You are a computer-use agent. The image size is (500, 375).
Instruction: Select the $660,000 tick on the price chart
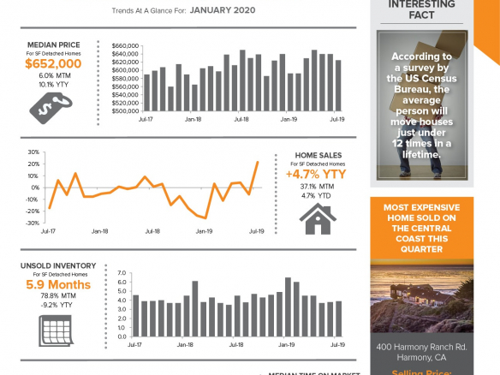125,45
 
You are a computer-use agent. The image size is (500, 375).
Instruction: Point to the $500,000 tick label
125,110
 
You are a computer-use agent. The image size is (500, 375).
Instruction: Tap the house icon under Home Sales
316,217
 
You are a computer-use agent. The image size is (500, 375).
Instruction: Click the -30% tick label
33,222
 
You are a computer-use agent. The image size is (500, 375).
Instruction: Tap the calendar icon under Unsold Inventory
53,330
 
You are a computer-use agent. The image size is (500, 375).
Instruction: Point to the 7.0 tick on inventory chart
121,272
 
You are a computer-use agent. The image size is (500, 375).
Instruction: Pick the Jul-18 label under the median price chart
241,121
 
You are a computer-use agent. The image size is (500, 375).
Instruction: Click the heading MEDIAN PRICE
53,44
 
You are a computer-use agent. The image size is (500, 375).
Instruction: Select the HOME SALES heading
317,155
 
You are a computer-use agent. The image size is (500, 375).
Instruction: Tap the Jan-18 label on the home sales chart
99,231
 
